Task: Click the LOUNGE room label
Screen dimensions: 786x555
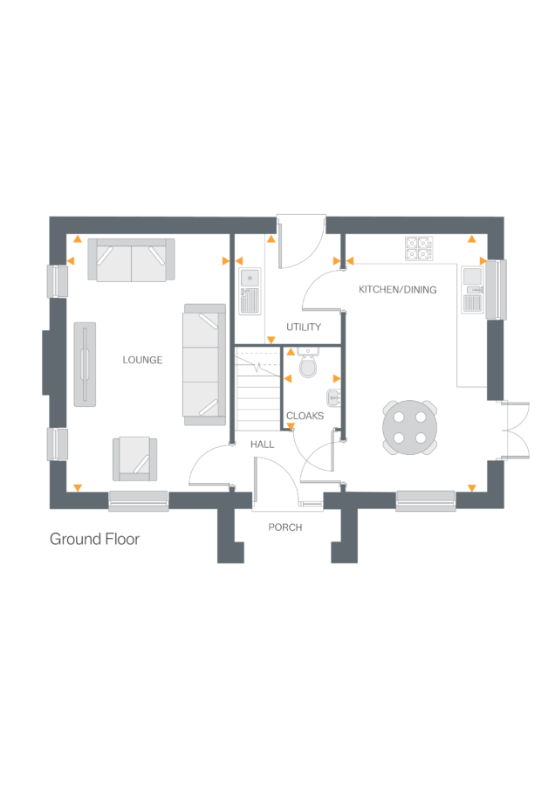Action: pos(142,360)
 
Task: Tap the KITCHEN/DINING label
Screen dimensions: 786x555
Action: pos(397,289)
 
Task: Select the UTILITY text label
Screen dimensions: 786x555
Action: pos(304,327)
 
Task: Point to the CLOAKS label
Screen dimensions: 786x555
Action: pos(305,417)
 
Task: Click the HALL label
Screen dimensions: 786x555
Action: pos(262,445)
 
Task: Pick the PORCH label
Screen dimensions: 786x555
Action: pos(285,527)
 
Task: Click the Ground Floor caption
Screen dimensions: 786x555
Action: pos(94,539)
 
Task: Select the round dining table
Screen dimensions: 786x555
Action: pos(410,427)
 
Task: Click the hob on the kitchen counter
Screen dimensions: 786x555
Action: pos(419,248)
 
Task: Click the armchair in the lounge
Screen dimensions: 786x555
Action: pos(135,458)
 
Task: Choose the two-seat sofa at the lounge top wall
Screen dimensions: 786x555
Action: pos(131,259)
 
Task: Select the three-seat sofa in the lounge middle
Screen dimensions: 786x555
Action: pos(203,364)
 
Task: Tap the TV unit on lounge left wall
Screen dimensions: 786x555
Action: pos(85,364)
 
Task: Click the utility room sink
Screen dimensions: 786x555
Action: pos(249,291)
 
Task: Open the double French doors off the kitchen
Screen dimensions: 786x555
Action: pos(515,429)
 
